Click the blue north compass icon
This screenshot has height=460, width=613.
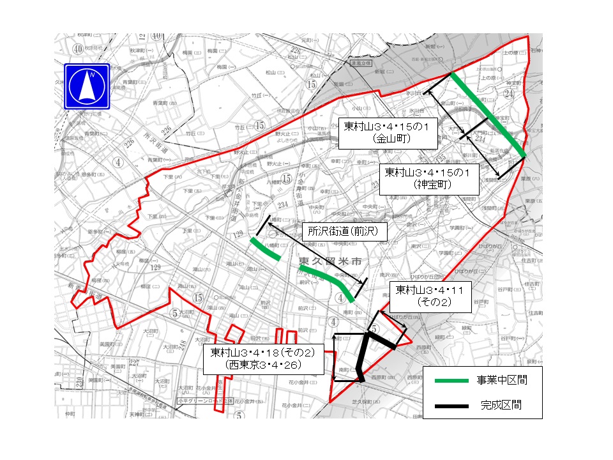(87, 86)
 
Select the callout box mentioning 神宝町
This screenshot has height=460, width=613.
(428, 178)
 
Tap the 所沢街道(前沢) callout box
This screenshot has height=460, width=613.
(344, 232)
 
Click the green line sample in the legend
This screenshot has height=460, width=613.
(453, 381)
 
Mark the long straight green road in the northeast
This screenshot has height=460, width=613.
(488, 115)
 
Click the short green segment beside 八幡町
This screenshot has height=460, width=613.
(264, 249)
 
